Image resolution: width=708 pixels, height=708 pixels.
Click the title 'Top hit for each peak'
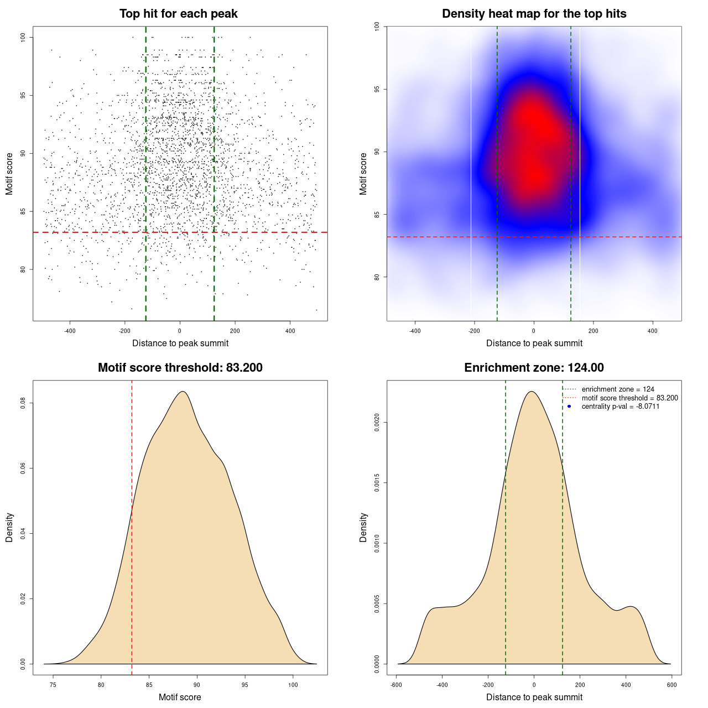click(178, 14)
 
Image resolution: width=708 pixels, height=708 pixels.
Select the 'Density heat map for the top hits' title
click(534, 14)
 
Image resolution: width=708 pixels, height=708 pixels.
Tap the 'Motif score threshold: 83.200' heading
click(180, 368)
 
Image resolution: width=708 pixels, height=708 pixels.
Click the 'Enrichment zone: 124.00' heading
click(534, 368)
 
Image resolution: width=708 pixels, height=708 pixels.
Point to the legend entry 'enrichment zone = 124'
click(618, 389)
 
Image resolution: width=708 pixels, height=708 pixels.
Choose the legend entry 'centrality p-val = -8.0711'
click(620, 407)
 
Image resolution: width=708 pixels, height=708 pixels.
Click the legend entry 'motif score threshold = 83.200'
click(629, 398)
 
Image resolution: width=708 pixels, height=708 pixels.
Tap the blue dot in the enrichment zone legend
click(569, 407)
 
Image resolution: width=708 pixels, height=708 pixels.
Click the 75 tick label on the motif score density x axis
click(53, 685)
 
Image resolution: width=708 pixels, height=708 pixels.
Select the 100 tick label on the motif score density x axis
click(293, 685)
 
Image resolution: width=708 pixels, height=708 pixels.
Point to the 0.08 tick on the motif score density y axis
click(23, 403)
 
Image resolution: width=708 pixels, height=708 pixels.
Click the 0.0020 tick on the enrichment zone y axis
click(377, 423)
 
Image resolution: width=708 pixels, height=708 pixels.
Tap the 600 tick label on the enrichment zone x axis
click(672, 685)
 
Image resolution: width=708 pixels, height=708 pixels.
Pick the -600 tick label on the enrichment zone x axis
click(396, 685)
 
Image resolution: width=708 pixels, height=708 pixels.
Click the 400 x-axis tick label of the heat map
click(653, 331)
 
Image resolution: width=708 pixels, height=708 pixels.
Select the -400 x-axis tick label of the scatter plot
click(70, 331)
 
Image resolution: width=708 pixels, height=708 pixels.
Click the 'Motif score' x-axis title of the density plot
click(180, 697)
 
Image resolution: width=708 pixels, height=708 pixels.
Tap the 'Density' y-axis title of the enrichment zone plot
click(363, 527)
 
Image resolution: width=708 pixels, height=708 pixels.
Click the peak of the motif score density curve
click(182, 392)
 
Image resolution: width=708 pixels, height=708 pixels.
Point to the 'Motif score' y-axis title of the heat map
click(363, 174)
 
